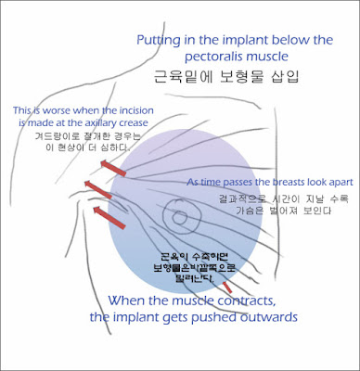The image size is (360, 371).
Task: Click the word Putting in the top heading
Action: tap(161, 41)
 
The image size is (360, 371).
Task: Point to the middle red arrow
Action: tap(99, 192)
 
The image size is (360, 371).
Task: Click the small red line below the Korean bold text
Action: tap(226, 287)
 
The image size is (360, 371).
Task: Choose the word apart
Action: tap(335, 183)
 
